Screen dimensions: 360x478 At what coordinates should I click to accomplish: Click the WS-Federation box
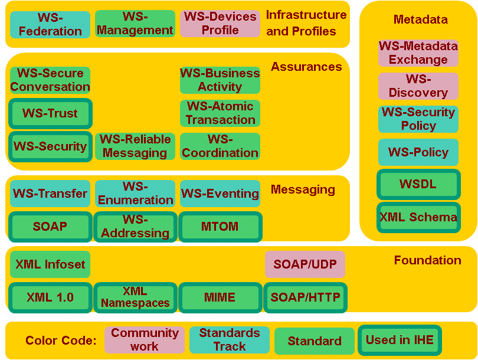tap(50, 24)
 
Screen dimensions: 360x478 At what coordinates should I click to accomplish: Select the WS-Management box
tap(135, 24)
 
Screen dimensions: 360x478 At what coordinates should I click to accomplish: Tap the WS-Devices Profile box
tap(220, 24)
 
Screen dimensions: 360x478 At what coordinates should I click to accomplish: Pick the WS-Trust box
tap(50, 113)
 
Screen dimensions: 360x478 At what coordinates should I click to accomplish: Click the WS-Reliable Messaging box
tap(135, 146)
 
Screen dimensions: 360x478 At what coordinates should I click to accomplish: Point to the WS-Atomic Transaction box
tap(220, 113)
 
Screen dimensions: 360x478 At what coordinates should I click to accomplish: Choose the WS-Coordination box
tap(220, 146)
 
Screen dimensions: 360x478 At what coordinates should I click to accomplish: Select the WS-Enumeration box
tap(135, 194)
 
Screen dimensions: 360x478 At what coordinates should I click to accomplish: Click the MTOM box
tap(220, 227)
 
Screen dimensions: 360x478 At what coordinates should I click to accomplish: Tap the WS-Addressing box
tap(135, 227)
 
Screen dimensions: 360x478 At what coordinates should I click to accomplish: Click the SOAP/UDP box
tap(305, 264)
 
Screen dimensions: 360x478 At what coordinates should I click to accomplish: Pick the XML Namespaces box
tap(135, 297)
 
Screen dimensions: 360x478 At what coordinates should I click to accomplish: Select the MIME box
tap(220, 297)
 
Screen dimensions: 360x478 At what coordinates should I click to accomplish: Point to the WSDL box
tap(418, 184)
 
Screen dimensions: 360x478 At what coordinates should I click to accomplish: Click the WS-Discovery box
tap(418, 86)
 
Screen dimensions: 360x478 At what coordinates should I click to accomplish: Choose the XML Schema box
tap(418, 217)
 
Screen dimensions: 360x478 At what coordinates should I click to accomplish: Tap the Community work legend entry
tap(145, 340)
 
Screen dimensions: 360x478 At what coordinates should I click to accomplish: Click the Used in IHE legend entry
tap(400, 340)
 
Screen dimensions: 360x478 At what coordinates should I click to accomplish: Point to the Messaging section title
tap(303, 189)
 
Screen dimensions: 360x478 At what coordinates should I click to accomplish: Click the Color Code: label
tap(61, 341)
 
